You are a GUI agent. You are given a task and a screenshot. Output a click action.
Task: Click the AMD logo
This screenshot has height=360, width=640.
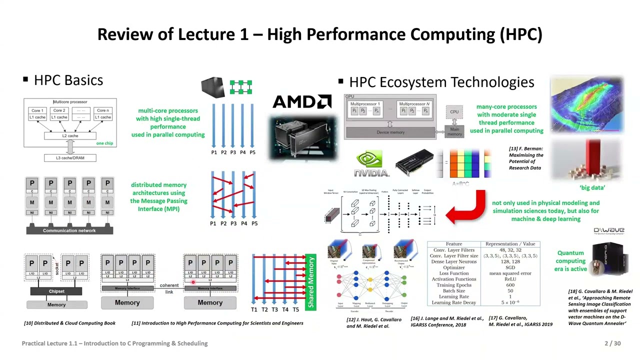tap(301, 102)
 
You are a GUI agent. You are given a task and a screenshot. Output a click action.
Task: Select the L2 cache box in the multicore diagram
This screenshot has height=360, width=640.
tap(70, 135)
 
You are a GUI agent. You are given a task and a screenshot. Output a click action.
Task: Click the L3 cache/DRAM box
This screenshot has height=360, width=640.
tap(70, 158)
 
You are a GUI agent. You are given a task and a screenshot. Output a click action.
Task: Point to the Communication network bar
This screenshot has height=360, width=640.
tap(69, 230)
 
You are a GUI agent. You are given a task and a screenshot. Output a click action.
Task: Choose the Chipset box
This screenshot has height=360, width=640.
tap(56, 291)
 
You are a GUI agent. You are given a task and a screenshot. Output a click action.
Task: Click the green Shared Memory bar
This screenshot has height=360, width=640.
tap(311, 282)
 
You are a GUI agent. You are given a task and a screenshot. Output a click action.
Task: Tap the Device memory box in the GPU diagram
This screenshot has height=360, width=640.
tap(390, 132)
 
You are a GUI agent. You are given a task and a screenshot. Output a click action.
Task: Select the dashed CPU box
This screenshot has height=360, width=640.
tap(454, 112)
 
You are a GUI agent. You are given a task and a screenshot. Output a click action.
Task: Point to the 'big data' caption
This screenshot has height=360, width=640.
tap(592, 187)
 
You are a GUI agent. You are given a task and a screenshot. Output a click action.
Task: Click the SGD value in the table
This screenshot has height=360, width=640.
tap(510, 267)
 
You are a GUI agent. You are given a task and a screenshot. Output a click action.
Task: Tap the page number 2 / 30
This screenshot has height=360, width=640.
tap(612, 343)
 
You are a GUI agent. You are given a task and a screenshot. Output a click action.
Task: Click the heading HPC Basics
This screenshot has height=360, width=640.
tap(68, 80)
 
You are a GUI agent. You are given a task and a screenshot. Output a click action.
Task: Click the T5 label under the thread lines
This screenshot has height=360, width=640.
tap(295, 309)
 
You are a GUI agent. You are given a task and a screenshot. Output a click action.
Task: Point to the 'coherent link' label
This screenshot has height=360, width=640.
tap(169, 288)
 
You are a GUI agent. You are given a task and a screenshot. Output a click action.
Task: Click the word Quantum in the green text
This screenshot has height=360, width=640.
tap(570, 253)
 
